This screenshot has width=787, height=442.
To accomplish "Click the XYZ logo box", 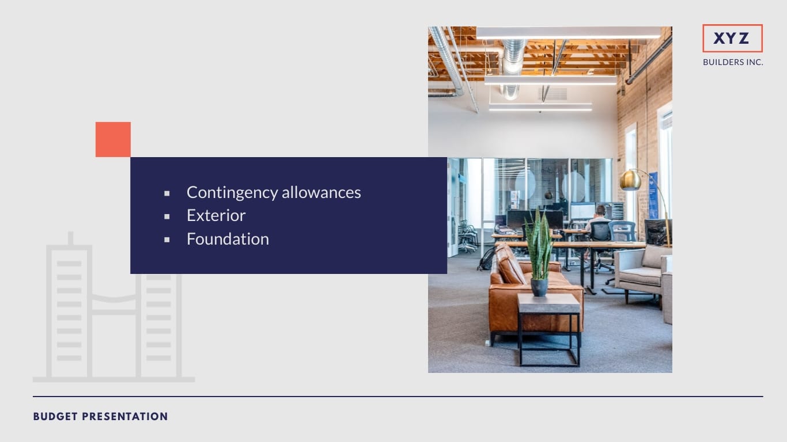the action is (x=732, y=38).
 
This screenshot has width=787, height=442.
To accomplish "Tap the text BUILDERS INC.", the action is (x=733, y=62).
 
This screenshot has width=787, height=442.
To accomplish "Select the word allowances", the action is (x=321, y=192).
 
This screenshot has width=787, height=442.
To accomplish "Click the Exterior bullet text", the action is (x=216, y=215).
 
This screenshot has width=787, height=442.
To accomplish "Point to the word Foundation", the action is (x=228, y=239).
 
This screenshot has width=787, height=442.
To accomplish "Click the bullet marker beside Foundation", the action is (x=167, y=240).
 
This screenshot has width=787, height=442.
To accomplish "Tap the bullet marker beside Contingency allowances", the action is (x=167, y=193).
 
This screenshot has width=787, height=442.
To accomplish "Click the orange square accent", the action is (x=113, y=139).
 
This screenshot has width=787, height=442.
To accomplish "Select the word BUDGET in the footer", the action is (x=55, y=416).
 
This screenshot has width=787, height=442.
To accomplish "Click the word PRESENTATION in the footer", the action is (x=124, y=416).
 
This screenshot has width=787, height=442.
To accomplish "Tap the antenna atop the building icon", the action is (x=71, y=238).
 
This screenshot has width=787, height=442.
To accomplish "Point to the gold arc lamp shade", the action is (x=630, y=180).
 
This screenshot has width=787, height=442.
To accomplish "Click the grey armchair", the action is (x=642, y=272).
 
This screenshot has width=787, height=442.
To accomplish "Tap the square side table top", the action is (x=548, y=303).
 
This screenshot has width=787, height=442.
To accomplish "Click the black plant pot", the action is (x=539, y=287).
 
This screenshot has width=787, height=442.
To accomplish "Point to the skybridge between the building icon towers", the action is (x=114, y=304).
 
